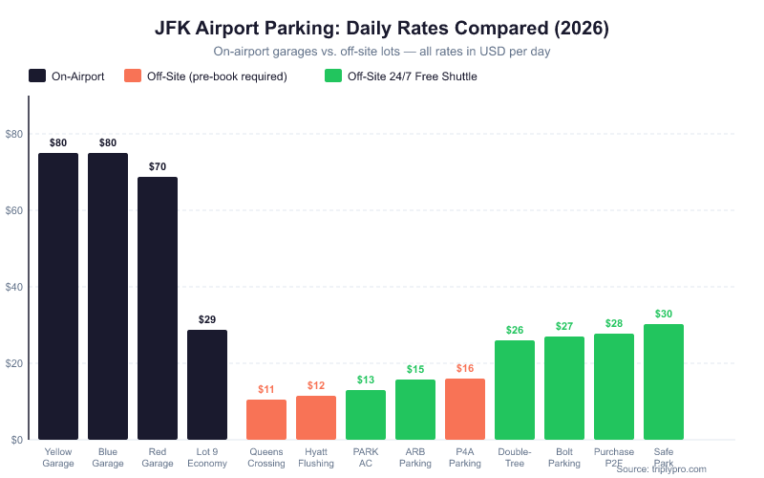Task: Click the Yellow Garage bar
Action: pos(58,296)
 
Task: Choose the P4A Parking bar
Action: pos(465,409)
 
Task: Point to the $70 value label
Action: pos(158,166)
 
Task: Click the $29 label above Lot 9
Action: pos(207,319)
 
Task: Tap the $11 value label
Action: pos(266,389)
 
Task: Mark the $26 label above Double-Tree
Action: pos(515,331)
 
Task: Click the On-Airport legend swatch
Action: pos(38,76)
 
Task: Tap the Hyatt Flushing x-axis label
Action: pos(316,457)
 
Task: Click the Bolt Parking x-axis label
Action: pos(564,457)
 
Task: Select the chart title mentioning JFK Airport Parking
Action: pos(382,29)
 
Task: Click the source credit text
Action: pos(662,468)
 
